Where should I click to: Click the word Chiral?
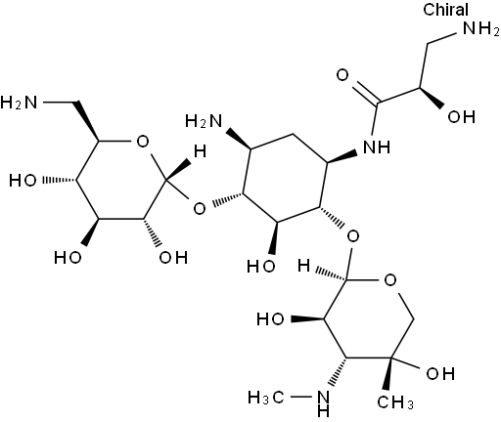tap(445, 9)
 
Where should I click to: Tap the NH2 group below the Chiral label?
tap(480, 28)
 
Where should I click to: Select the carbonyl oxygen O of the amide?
tap(342, 75)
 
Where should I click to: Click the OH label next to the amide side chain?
tap(461, 116)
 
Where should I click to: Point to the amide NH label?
tap(377, 147)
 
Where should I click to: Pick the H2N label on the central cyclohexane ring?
tap(204, 121)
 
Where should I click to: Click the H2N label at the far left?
tap(19, 103)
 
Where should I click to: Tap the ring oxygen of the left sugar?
tap(143, 142)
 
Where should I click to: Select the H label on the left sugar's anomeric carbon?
tap(200, 151)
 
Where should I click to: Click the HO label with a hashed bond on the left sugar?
tap(23, 180)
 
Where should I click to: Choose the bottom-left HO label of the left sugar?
tap(68, 257)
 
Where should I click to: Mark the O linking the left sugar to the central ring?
tap(200, 208)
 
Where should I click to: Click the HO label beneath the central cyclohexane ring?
tap(261, 266)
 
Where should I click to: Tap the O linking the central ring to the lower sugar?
tap(352, 235)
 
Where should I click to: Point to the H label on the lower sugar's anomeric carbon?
tap(303, 266)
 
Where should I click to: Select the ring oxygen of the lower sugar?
tap(390, 279)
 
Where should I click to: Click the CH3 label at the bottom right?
tap(395, 401)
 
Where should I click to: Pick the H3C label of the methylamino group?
tap(266, 398)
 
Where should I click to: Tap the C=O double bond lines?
tap(366, 92)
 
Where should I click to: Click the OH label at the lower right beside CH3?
tap(440, 373)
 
